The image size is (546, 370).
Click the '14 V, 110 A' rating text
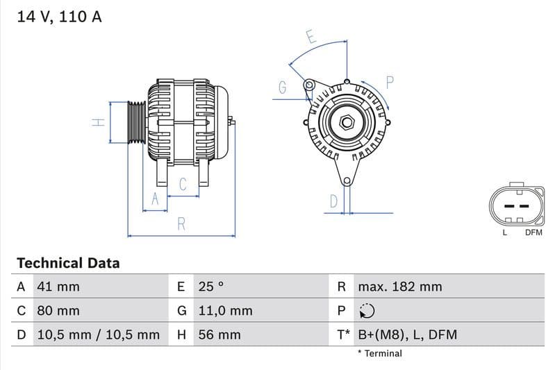coord(59,17)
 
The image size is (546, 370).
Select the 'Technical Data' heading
coord(68,263)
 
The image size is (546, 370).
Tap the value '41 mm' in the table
coord(58,287)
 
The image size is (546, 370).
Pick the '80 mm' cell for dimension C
coord(58,310)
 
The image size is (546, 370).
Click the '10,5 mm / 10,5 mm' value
coord(98,335)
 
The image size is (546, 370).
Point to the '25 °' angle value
coord(211,287)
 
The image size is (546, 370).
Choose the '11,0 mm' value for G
coord(225,310)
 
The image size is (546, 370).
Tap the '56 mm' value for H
coord(219,335)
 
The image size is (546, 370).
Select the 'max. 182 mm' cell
coord(399,287)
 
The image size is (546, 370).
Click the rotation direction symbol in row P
coord(367,311)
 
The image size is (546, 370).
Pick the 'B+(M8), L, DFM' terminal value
coord(407,335)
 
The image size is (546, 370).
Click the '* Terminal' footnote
coord(379,353)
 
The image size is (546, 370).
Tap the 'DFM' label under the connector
coord(533,233)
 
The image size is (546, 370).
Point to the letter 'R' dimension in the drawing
coord(181,224)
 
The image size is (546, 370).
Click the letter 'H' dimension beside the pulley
coord(99,122)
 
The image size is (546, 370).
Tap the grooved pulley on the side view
coord(136,122)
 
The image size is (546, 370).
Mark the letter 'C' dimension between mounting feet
coord(183,185)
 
